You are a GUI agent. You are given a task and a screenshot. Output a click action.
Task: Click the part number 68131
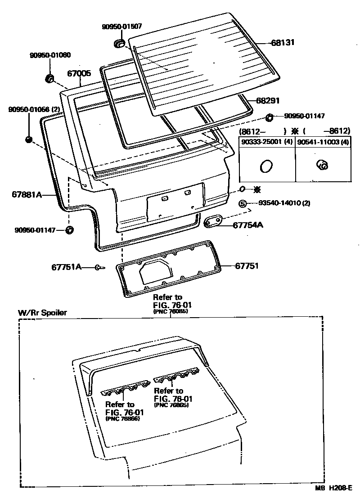[x=282, y=43]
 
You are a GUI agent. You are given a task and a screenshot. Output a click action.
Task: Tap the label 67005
[x=79, y=73]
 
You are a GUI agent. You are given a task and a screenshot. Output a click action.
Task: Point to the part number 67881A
[x=27, y=195]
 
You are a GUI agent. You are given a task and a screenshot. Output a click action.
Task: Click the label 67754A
[x=247, y=225]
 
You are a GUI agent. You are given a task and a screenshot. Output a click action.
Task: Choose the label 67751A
[x=66, y=267]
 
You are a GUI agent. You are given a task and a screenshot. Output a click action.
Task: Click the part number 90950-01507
[x=120, y=27]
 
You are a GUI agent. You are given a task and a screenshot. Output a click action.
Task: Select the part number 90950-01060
[x=50, y=55]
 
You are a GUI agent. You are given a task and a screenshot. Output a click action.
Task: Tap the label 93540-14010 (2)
[x=284, y=203]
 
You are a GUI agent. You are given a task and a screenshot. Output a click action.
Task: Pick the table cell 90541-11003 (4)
[x=323, y=142]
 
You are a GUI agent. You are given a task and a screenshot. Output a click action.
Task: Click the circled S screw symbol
[x=243, y=204]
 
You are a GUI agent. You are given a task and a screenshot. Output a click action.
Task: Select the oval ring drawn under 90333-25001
[x=266, y=166]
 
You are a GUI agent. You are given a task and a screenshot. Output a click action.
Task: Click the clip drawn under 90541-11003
[x=323, y=166]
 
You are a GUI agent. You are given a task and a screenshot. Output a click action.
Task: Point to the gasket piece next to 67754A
[x=214, y=221]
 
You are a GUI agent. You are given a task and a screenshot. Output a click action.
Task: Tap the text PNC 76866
[x=122, y=418]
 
